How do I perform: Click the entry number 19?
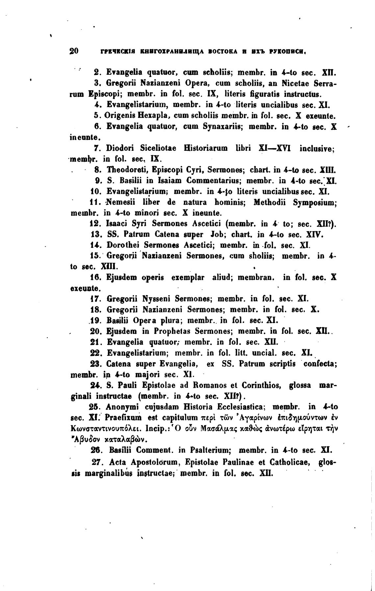(x=95, y=320)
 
